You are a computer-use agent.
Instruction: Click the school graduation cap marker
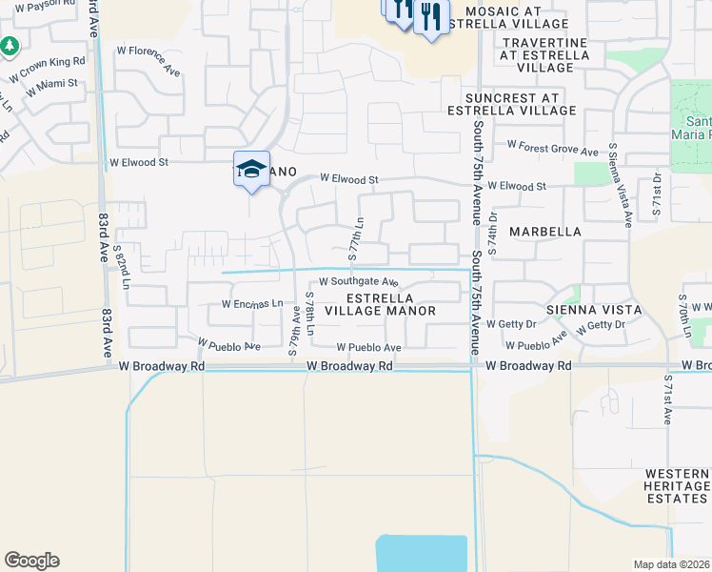[x=252, y=169]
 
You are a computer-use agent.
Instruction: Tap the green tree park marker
[x=10, y=45]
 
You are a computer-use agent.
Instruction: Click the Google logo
[x=31, y=561]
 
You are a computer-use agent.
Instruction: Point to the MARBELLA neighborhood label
[x=545, y=232]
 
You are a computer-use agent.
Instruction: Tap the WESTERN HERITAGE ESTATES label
[x=677, y=486]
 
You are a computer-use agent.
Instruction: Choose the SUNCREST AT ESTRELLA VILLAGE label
[x=520, y=104]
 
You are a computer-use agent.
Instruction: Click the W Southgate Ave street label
[x=358, y=281]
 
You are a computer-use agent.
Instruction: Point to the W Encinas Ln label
[x=252, y=304]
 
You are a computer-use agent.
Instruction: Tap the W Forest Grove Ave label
[x=552, y=149]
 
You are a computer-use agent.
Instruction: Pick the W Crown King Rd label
[x=47, y=68]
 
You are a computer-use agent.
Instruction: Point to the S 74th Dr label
[x=492, y=234]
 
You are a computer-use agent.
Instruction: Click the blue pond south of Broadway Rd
[x=422, y=553]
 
